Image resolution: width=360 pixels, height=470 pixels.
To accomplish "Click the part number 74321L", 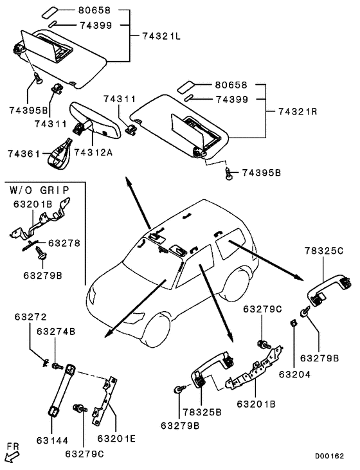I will (x=161, y=37).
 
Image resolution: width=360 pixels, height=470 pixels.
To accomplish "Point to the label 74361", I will (x=24, y=154).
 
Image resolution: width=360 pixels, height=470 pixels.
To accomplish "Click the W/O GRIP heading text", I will (x=38, y=190).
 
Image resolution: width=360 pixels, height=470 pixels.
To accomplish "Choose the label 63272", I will (x=31, y=317).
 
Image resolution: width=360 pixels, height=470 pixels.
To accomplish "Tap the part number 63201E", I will (x=116, y=439).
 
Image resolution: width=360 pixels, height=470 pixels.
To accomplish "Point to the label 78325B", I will (x=201, y=411).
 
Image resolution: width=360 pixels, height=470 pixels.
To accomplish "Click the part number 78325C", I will (x=326, y=251).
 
